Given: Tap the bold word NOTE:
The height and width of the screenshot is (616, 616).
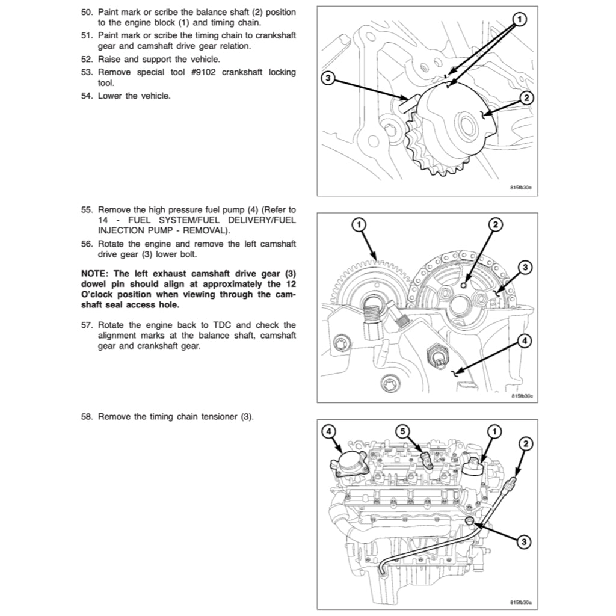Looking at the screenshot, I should tap(95, 274).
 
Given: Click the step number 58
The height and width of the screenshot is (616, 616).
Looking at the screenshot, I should tap(87, 416).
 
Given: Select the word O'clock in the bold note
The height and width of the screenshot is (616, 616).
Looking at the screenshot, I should tap(99, 294).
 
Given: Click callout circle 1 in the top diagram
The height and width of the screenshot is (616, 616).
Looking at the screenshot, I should tap(518, 19).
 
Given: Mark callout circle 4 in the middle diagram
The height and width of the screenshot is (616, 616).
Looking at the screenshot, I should tap(523, 341).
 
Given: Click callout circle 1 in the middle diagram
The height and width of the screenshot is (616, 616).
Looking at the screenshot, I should tap(357, 224).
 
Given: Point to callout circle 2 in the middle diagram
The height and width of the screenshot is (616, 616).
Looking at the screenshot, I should tap(494, 224).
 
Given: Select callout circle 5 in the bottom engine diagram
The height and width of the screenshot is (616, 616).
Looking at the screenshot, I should tap(403, 431).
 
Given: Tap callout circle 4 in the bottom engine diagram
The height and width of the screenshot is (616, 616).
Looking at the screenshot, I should tap(328, 431).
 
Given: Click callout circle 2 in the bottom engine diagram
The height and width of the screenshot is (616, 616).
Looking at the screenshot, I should tap(525, 444).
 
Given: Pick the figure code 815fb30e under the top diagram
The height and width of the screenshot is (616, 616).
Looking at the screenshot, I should tap(521, 188).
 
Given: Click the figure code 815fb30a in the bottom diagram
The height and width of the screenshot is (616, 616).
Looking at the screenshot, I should tap(521, 602).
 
